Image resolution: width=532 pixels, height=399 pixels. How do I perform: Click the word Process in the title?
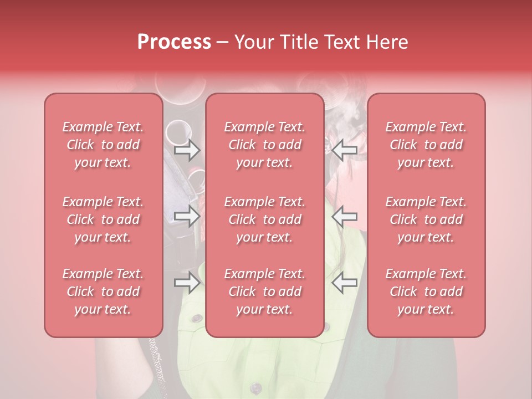pos(174,42)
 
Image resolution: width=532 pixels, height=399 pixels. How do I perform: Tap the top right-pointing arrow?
pos(187,150)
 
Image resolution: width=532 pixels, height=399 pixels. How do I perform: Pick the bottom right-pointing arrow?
pos(187,283)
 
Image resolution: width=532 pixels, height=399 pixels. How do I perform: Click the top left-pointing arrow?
pos(345,150)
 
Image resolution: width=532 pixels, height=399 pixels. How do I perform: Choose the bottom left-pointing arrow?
pos(345,283)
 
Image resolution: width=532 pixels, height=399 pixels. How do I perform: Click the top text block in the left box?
pos(103,145)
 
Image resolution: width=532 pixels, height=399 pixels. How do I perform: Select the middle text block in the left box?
pos(103,219)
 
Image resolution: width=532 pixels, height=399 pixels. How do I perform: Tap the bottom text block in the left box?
pos(103,291)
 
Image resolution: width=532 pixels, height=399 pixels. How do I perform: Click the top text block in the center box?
pos(265,145)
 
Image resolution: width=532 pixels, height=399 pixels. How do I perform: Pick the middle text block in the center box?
pos(265,219)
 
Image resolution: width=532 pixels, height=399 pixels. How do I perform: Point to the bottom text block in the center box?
pos(265,291)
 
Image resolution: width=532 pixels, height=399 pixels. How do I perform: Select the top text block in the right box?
pos(426,145)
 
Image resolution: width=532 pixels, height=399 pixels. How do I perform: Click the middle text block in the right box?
pos(426,219)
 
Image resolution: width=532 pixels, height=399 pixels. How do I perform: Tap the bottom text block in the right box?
pos(426,291)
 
